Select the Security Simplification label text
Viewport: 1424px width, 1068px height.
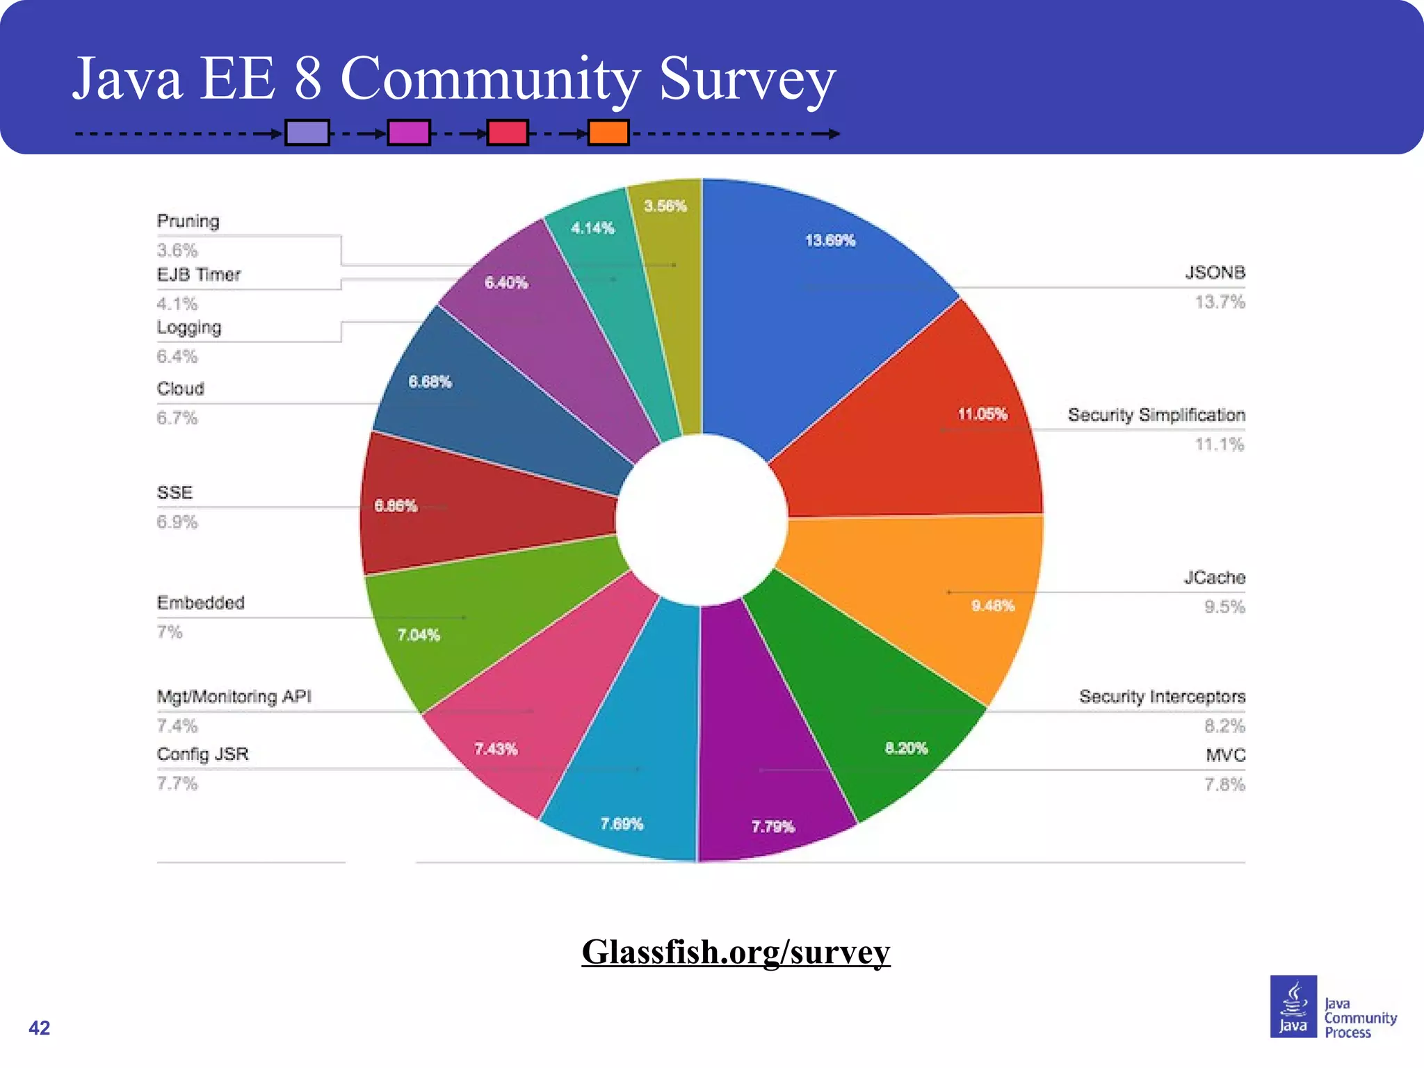click(x=1156, y=415)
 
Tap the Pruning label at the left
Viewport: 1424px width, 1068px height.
click(x=188, y=221)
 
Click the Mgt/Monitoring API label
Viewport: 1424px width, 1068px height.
click(x=234, y=697)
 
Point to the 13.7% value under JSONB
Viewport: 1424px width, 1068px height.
click(x=1220, y=302)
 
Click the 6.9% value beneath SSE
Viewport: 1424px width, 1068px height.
click(x=177, y=522)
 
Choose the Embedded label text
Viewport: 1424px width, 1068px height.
click(x=200, y=603)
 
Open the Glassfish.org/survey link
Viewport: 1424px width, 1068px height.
click(x=736, y=952)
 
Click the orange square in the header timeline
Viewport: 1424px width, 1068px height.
click(x=608, y=132)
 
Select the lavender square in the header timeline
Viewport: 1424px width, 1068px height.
click(x=307, y=132)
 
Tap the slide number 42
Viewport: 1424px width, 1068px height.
click(x=39, y=1028)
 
